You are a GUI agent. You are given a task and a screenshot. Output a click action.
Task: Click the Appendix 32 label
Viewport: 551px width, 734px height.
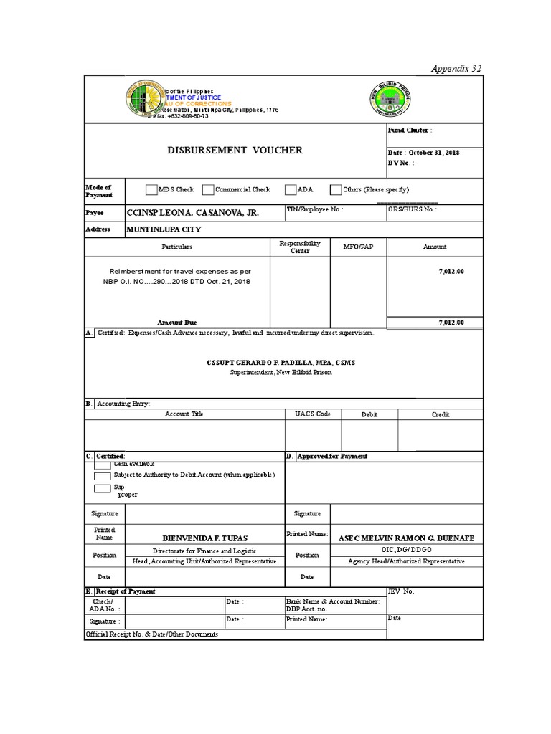(x=456, y=68)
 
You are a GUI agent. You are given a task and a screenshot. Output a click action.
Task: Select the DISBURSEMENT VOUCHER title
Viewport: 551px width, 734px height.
(x=235, y=150)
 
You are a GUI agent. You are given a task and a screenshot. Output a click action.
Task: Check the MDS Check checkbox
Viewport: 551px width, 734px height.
(x=151, y=190)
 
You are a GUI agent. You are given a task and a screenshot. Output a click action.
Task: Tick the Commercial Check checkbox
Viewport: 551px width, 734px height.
(x=208, y=190)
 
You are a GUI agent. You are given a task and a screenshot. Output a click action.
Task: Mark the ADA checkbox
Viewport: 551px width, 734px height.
(x=291, y=190)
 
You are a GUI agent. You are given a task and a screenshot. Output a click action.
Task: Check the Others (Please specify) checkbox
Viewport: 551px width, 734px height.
(x=336, y=190)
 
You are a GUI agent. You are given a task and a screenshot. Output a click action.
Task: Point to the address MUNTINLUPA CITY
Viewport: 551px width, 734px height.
(x=164, y=229)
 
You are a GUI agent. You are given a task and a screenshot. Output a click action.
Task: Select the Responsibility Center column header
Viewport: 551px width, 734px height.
(x=300, y=247)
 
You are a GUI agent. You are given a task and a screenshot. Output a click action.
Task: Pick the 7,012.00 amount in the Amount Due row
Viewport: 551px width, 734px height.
(x=451, y=323)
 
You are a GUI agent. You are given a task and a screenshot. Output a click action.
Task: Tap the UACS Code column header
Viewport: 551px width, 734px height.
(x=313, y=414)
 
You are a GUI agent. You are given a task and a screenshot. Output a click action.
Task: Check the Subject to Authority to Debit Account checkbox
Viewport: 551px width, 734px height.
(x=103, y=475)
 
